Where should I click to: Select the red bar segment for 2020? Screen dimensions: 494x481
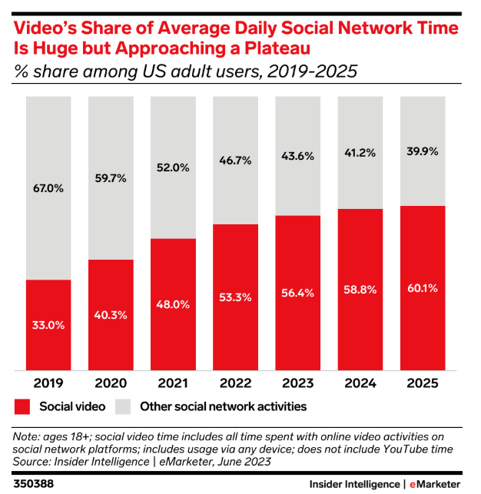coord(111,315)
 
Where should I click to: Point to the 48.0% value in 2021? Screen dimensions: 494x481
coord(174,303)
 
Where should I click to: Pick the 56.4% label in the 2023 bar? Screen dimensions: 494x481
coord(298,293)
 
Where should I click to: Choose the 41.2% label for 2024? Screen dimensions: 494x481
coord(360,153)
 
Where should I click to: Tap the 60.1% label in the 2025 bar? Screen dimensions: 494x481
coord(422,288)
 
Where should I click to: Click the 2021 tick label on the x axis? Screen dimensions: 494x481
coord(174,383)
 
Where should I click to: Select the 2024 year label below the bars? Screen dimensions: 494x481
coord(360,383)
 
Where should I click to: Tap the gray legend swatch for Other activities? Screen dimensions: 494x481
coord(124,406)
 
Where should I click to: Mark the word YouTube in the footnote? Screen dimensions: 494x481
coord(398,449)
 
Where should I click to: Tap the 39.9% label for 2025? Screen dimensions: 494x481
coord(422,151)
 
